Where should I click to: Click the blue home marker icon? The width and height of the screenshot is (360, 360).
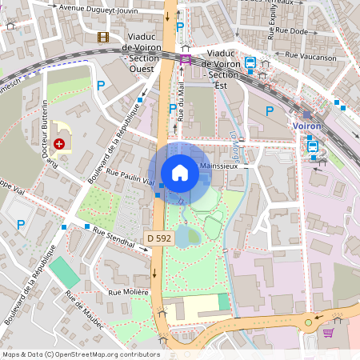point(180,172)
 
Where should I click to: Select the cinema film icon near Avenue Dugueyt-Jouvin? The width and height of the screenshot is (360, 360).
point(103,37)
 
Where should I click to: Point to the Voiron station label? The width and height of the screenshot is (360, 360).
point(308,126)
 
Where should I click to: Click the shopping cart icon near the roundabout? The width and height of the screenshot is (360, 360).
point(328,332)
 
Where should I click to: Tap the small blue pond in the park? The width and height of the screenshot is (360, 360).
point(189,234)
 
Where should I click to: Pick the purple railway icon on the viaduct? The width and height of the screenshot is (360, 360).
point(186,58)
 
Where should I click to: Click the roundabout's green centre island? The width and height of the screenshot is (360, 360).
point(309,323)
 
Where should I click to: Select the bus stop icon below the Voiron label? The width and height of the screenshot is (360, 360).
point(312,146)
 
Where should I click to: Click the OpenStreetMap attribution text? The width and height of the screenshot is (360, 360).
point(81,354)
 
